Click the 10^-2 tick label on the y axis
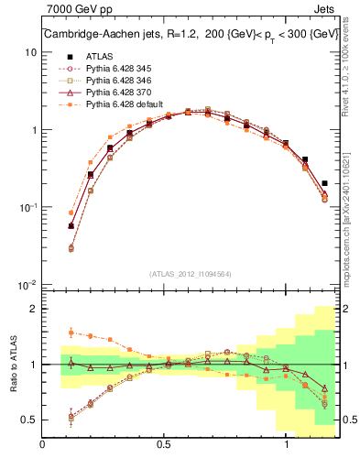tap(28, 285)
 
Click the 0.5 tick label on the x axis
tap(165, 444)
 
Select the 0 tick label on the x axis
tap(43, 444)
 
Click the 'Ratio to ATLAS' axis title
tap(12, 364)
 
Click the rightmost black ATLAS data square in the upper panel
tap(325, 183)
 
